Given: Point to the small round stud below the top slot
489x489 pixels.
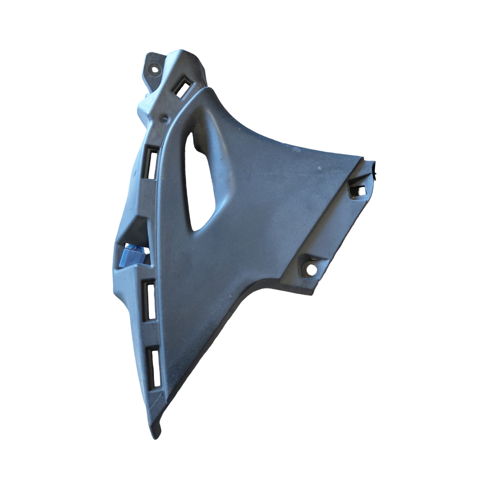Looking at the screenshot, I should (x=163, y=119).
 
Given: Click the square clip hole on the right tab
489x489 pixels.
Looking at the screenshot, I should (x=360, y=190).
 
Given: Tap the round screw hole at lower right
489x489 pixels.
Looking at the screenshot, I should (x=312, y=269).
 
